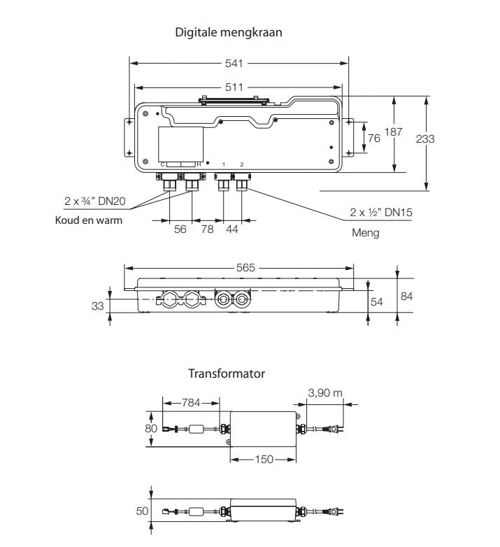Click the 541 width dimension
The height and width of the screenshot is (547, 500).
click(x=234, y=64)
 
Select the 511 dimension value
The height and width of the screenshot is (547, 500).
click(x=234, y=87)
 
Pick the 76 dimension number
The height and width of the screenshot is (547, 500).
click(x=374, y=138)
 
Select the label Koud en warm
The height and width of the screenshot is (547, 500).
click(x=89, y=220)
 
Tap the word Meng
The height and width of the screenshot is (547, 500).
click(x=366, y=232)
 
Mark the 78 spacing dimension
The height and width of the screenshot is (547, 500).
click(x=207, y=229)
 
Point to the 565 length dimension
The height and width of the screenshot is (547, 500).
click(x=245, y=267)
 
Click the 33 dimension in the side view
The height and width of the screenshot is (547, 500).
click(x=99, y=305)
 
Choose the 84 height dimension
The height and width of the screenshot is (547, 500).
click(x=406, y=296)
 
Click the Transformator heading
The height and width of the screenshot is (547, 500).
click(x=227, y=374)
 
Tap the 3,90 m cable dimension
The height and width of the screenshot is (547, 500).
click(x=325, y=393)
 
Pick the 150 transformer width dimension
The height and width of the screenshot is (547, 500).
click(x=264, y=460)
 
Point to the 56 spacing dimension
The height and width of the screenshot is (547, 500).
click(x=180, y=229)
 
